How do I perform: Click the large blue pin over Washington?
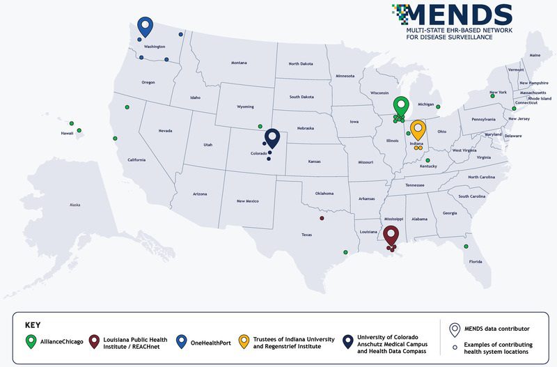(145, 26)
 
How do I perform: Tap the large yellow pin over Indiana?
(417, 130)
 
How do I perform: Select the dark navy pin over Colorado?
(272, 138)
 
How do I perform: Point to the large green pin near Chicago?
(400, 106)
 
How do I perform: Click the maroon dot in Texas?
(322, 219)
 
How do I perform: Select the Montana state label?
(239, 63)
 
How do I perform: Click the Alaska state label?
(74, 205)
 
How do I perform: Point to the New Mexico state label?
(247, 201)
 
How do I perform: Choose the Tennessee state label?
(415, 185)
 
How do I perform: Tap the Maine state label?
(535, 55)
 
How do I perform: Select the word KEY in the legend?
(33, 325)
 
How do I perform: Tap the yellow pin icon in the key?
(244, 343)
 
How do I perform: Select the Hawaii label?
(68, 133)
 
